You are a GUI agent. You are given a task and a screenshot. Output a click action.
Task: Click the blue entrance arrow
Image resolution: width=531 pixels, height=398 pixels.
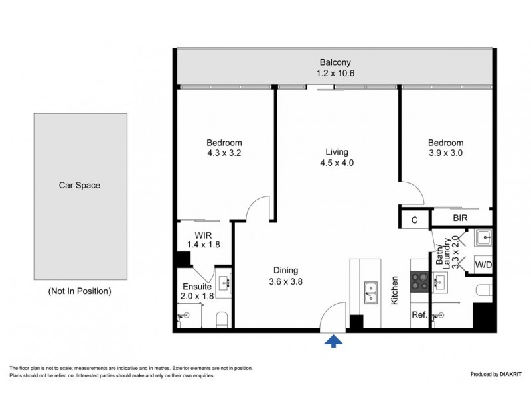(x=334, y=341)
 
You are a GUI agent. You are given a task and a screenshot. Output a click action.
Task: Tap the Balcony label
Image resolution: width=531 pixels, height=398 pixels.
(x=335, y=62)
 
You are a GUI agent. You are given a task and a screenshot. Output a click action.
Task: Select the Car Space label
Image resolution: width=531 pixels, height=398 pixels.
(x=80, y=185)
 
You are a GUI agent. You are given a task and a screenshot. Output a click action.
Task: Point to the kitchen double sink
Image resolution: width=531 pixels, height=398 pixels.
(x=371, y=293)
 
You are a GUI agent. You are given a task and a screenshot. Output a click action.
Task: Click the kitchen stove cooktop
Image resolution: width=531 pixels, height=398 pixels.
(x=419, y=281)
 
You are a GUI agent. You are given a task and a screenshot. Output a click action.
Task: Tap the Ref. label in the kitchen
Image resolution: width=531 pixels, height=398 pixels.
(x=419, y=314)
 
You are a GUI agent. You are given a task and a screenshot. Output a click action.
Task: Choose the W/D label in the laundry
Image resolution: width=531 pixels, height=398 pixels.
(x=483, y=265)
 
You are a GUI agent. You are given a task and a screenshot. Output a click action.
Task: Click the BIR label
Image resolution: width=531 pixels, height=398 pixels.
(x=460, y=218)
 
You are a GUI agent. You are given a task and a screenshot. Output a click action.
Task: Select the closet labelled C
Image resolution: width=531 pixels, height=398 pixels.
(x=414, y=220)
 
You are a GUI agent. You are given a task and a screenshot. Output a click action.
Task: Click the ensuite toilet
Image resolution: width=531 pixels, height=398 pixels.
(x=222, y=320)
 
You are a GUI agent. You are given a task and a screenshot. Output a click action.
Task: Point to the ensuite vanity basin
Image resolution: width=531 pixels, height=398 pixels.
(x=224, y=283)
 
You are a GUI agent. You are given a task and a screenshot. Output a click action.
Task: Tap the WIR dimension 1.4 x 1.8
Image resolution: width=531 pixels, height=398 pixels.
(x=204, y=244)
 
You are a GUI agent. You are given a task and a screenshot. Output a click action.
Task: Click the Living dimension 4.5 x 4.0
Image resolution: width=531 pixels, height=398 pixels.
(x=337, y=163)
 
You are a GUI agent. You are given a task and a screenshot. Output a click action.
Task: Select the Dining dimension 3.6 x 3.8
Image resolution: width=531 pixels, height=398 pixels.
(x=286, y=281)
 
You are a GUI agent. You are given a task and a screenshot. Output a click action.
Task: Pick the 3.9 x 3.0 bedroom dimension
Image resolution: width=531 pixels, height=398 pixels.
(x=445, y=153)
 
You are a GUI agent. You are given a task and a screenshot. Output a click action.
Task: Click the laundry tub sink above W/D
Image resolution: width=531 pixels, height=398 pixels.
(x=483, y=237)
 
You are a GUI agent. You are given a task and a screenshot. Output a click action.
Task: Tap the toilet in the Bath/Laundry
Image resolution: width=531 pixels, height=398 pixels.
(x=484, y=290)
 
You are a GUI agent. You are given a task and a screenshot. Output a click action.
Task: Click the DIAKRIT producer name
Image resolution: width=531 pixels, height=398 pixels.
(x=510, y=374)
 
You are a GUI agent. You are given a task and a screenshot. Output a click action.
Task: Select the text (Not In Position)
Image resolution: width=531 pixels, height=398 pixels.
(x=80, y=291)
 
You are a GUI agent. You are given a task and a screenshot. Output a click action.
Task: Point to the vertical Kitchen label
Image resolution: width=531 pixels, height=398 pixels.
(x=394, y=291)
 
